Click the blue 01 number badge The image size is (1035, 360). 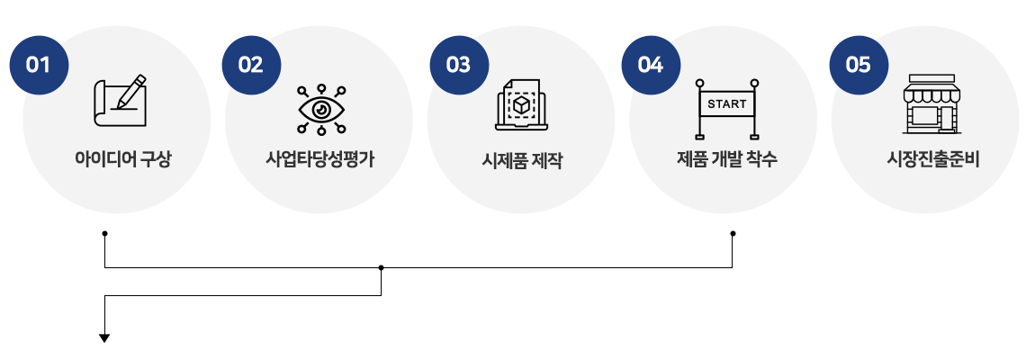[39, 65]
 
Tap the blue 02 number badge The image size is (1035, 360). [251, 65]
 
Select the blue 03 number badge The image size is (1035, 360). [459, 65]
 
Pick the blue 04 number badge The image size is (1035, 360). [651, 65]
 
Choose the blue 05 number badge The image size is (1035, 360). [859, 65]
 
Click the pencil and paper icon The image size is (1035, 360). [120, 101]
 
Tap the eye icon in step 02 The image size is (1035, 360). [321, 110]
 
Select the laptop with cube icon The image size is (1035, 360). [521, 105]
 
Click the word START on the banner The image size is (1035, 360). [726, 103]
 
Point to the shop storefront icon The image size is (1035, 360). [931, 103]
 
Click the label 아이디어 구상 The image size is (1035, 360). [122, 159]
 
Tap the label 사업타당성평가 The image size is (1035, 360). [320, 159]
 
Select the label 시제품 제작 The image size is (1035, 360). [522, 160]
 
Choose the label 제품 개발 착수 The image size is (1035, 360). [726, 159]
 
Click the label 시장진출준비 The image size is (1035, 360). [932, 159]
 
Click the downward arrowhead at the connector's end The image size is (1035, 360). [104, 338]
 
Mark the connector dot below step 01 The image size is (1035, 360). [105, 233]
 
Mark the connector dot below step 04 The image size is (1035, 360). [733, 233]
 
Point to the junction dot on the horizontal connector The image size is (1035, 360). [381, 267]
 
